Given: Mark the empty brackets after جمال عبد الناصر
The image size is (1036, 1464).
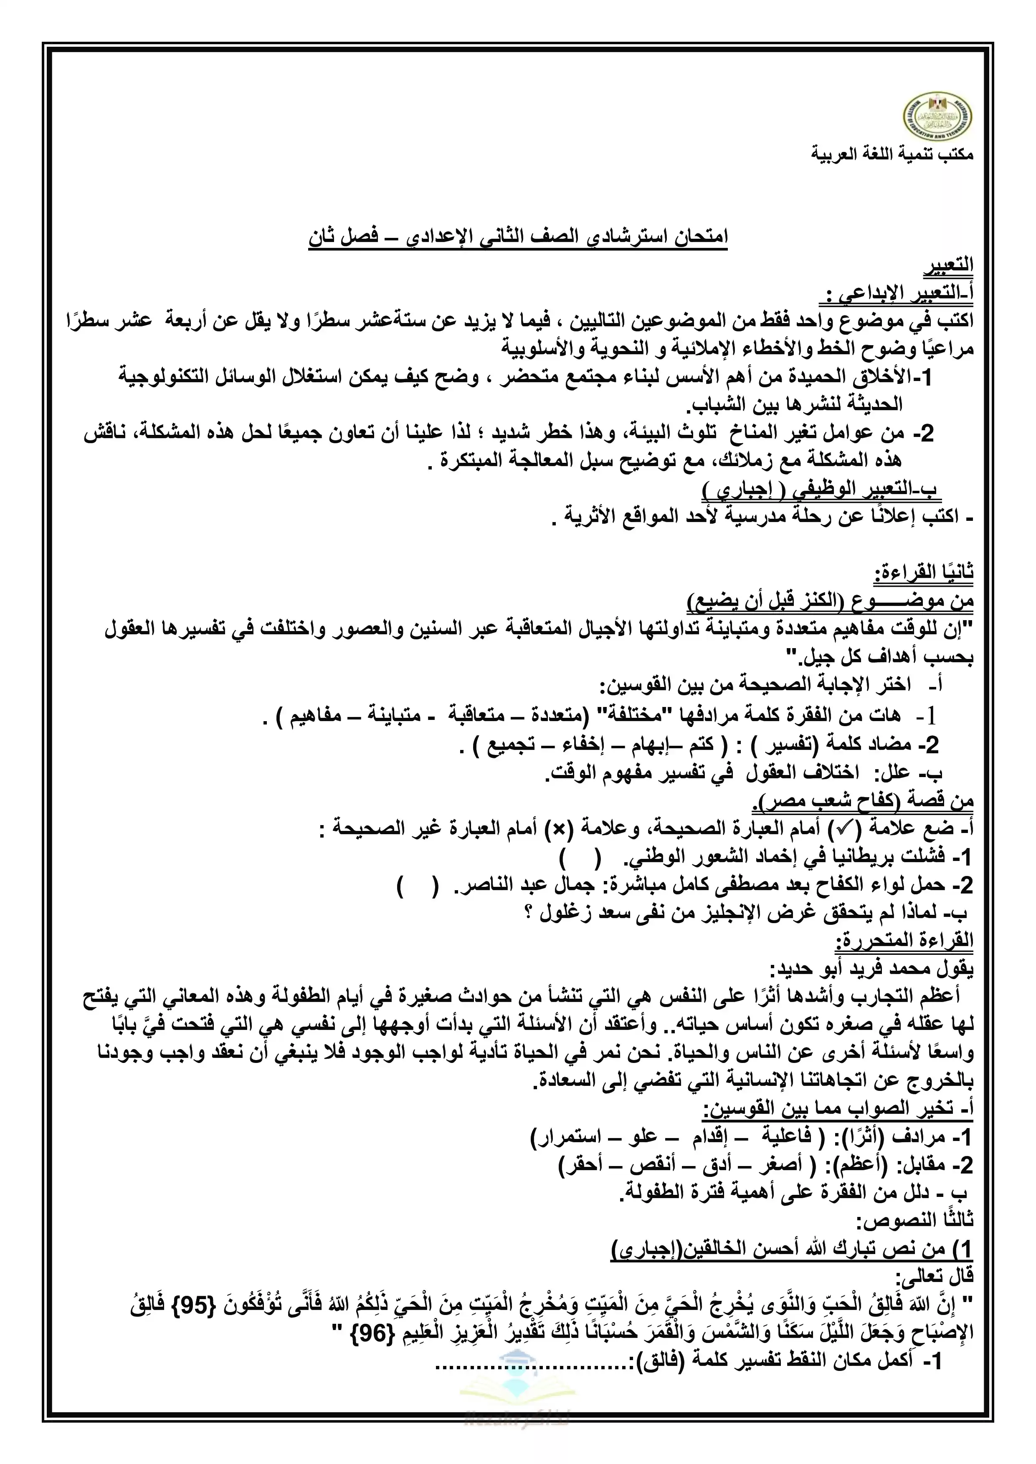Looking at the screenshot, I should point(418,887).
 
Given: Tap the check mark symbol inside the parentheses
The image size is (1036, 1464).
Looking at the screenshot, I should point(843,829).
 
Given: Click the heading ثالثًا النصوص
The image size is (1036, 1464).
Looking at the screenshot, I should point(915,1220).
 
